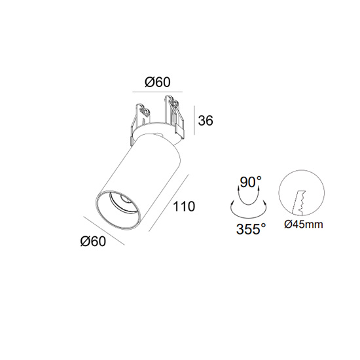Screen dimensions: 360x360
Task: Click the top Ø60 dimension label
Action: (x=158, y=82)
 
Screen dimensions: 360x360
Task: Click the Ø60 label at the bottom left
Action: (x=93, y=242)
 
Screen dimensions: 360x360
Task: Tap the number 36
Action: (x=206, y=120)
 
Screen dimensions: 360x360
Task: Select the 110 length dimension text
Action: (x=184, y=206)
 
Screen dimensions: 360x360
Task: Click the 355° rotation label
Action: (x=251, y=229)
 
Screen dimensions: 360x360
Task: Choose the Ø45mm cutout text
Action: (x=304, y=225)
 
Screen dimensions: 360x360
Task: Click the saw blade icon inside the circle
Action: (x=298, y=203)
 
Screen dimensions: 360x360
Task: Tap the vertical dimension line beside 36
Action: (x=194, y=120)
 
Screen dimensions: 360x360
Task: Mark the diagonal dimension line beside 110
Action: (x=169, y=203)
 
